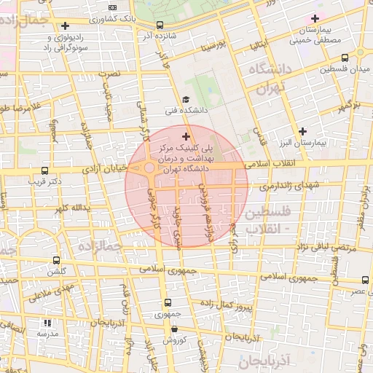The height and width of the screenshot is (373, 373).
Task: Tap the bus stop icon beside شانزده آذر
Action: pos(160,25)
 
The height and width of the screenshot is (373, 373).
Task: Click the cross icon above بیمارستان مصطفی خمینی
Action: pos(315,18)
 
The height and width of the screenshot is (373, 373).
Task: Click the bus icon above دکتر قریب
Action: pos(45,170)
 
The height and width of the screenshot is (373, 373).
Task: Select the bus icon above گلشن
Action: pos(56,260)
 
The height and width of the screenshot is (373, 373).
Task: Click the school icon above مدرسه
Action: pos(48,323)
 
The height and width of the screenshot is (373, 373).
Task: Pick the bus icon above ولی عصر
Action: pos(364,280)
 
